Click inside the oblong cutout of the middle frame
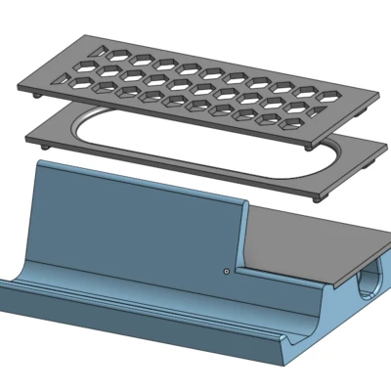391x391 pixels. coord(195,147)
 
